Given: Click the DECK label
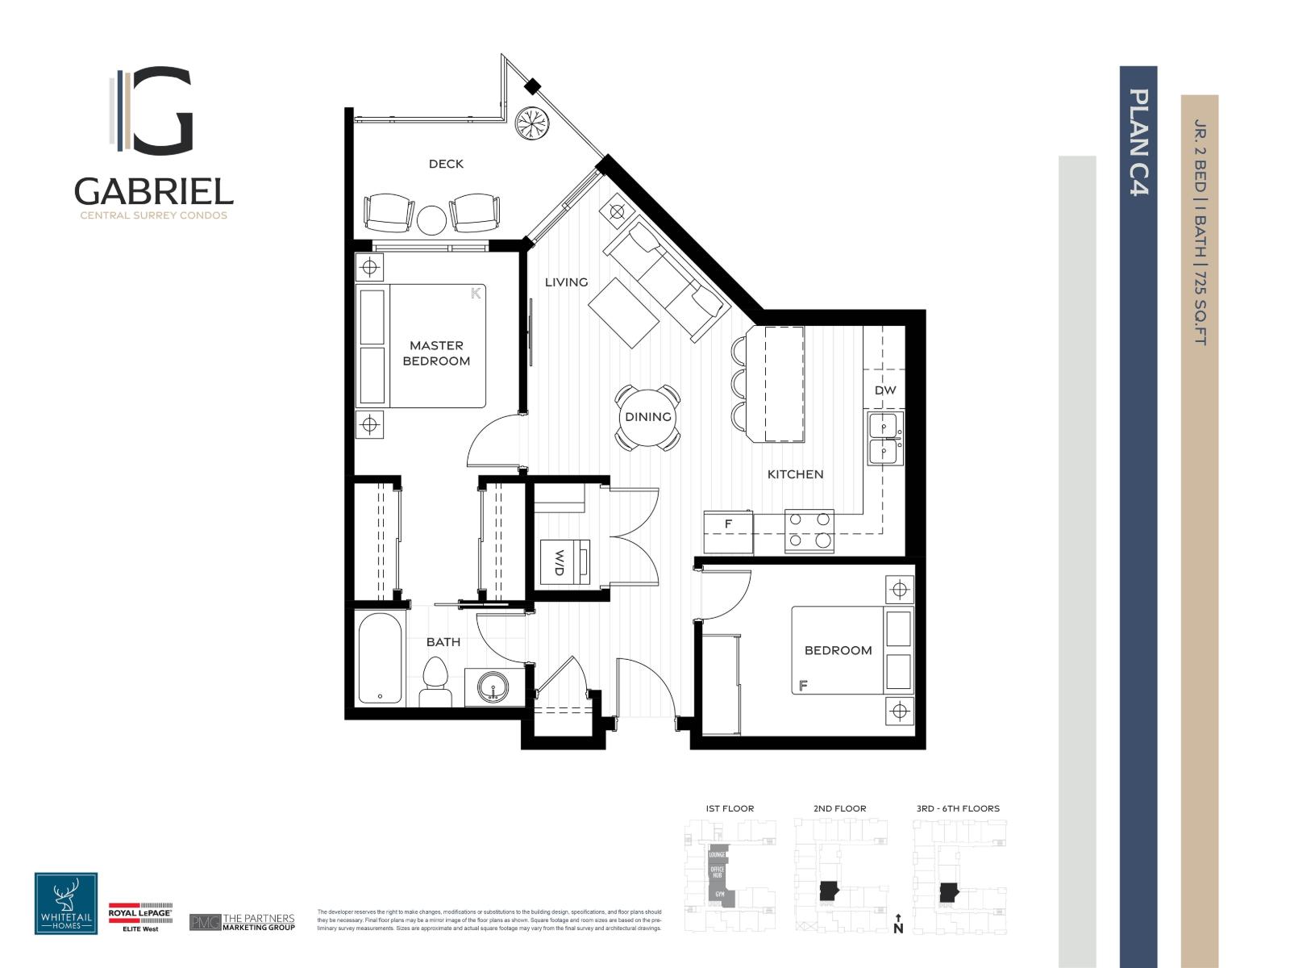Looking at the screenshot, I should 446,164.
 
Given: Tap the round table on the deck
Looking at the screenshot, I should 432,219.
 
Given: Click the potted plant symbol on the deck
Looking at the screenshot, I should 533,123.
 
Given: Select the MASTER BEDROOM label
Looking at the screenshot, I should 436,353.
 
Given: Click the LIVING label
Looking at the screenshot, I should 566,282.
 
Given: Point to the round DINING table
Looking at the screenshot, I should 648,417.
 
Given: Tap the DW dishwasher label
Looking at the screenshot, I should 885,390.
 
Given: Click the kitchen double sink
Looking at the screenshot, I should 885,439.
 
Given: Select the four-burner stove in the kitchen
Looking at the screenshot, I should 810,531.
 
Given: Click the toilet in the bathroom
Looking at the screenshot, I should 435,684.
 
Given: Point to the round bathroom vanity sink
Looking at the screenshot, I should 492,687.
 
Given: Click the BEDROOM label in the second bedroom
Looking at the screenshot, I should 838,650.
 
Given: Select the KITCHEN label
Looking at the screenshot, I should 795,474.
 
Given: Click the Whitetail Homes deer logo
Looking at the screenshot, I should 66,903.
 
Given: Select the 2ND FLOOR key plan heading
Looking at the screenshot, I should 839,808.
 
